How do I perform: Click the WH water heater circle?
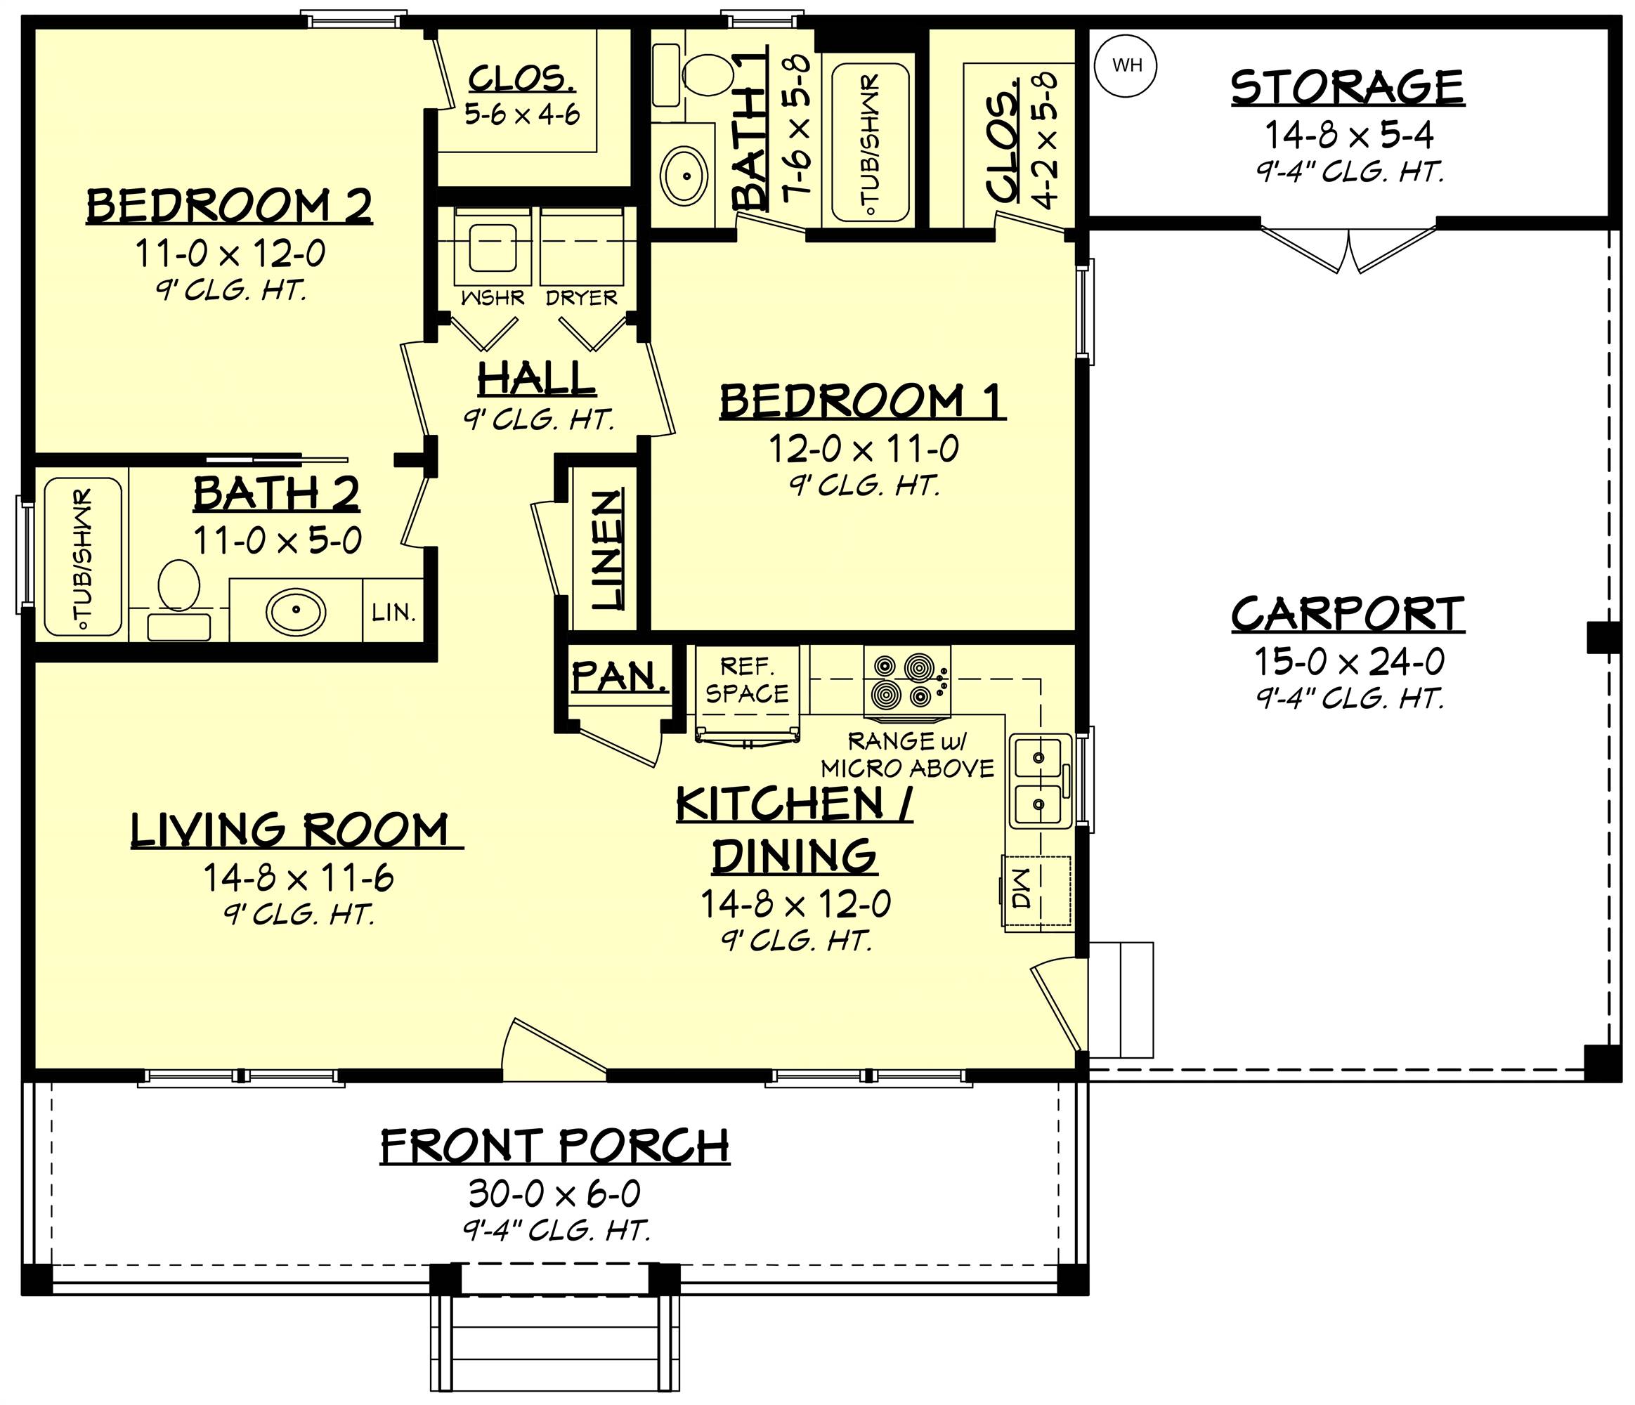(x=1126, y=65)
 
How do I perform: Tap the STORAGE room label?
(x=1347, y=88)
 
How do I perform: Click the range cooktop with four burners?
(x=906, y=682)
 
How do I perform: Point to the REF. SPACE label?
(x=746, y=681)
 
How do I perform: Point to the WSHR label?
(x=493, y=298)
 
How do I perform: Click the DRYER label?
(x=582, y=298)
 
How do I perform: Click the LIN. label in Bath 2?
(x=393, y=611)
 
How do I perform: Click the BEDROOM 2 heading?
(x=229, y=207)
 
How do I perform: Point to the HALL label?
(x=537, y=379)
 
